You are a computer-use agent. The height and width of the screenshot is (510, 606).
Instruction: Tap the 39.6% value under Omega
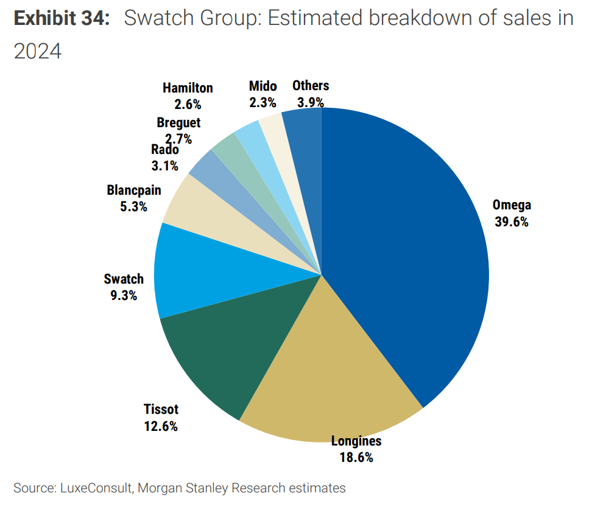[x=511, y=222]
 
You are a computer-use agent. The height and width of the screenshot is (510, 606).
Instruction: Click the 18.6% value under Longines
[x=356, y=457]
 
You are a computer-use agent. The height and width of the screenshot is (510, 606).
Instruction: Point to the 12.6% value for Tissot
[x=161, y=426]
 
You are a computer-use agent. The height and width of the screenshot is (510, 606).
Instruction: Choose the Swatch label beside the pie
[x=124, y=279]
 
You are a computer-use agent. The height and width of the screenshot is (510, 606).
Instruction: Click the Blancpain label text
[x=134, y=190]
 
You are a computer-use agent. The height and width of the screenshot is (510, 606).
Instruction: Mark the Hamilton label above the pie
[x=188, y=88]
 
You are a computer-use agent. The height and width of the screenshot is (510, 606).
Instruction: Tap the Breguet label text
[x=178, y=122]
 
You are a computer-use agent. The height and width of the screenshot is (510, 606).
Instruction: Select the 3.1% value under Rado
[x=164, y=165]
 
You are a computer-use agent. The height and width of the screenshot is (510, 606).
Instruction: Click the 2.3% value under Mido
[x=262, y=102]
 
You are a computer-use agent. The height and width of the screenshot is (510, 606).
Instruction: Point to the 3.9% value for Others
[x=311, y=102]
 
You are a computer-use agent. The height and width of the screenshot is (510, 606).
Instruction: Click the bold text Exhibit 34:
[x=62, y=19]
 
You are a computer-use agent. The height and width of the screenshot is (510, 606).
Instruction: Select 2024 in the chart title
[x=38, y=52]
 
